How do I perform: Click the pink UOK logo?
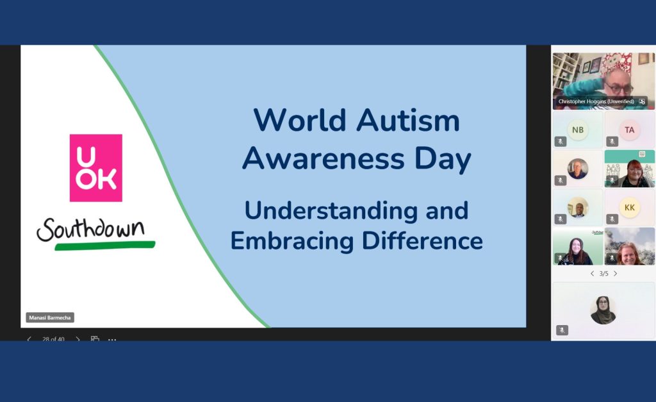tap(95, 167)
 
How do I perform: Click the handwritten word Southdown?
tap(90, 229)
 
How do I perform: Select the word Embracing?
tap(293, 240)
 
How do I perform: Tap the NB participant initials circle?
tap(578, 130)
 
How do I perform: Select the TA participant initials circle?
tap(630, 130)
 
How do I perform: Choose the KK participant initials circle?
tap(630, 207)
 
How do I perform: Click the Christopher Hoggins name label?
tap(596, 101)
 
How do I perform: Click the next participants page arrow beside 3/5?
tap(616, 274)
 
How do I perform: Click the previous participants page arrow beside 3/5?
tap(592, 274)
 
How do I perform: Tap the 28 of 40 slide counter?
tap(53, 339)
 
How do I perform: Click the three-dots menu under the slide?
tap(112, 339)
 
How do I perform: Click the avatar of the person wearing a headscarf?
tap(603, 310)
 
